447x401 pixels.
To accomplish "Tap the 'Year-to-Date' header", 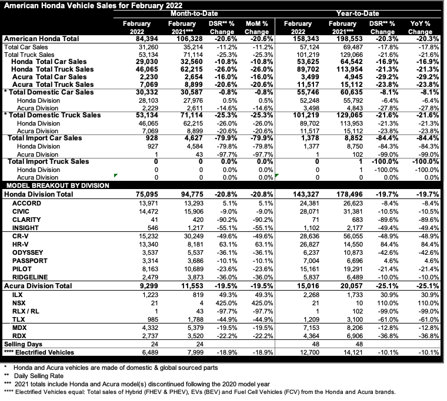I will pos(361,12).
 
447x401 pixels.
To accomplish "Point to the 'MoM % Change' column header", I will pos(256,27).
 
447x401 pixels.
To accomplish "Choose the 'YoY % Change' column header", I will pos(419,27).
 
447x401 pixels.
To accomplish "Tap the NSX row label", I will pos(18,302).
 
